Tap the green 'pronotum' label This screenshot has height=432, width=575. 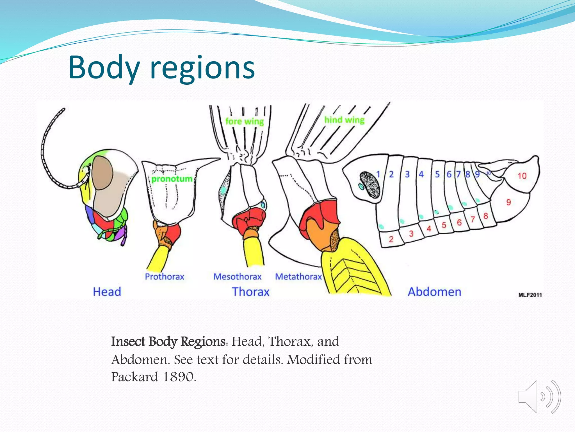click(x=172, y=179)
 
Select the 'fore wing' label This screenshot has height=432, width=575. click(x=245, y=121)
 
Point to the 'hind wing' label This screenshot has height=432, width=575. click(x=344, y=120)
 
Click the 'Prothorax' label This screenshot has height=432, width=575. click(x=165, y=276)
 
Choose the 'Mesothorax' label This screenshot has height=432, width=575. click(x=237, y=276)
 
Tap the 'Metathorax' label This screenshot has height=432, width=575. click(x=298, y=276)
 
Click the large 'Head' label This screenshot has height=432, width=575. click(x=107, y=292)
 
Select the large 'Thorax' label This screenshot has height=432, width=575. click(x=250, y=292)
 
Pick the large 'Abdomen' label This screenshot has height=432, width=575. click(x=434, y=292)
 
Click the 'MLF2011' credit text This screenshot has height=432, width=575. click(x=530, y=295)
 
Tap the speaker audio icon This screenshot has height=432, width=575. click(x=539, y=397)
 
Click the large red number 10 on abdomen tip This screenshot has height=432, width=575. click(x=522, y=176)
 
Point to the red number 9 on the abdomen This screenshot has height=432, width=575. click(x=508, y=202)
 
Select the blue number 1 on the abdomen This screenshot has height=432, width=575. click(x=378, y=174)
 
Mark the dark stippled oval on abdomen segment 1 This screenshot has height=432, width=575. click(x=370, y=184)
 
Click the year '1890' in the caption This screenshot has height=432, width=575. click(x=179, y=377)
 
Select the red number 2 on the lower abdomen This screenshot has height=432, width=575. click(x=391, y=239)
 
